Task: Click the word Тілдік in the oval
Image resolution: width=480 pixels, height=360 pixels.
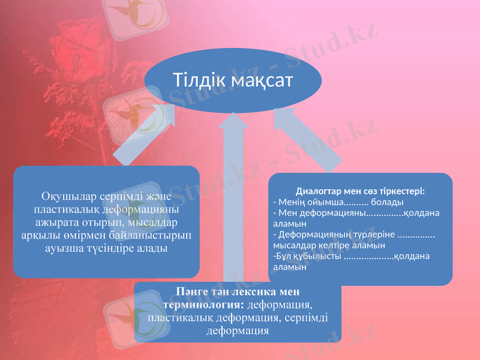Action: pyautogui.click(x=196, y=80)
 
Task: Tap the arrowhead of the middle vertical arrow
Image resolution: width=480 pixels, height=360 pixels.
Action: pyautogui.click(x=234, y=120)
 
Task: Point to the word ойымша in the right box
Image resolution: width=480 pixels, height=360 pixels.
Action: pyautogui.click(x=325, y=202)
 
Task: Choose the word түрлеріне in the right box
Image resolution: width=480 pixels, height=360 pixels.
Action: pyautogui.click(x=375, y=234)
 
